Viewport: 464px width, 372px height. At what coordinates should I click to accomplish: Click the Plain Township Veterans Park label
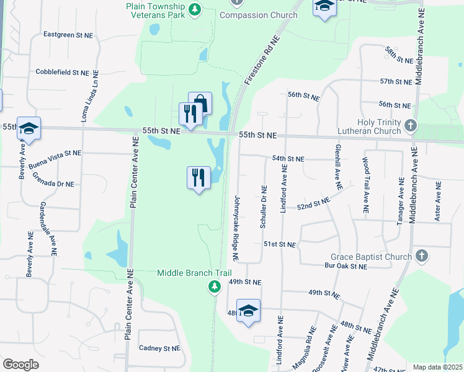156,9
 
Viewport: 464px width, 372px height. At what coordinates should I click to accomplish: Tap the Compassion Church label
258,15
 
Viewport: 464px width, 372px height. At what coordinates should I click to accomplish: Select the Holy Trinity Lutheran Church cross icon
409,126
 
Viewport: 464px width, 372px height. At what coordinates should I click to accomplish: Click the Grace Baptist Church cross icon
421,255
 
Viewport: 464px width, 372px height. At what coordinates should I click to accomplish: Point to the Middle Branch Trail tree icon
214,286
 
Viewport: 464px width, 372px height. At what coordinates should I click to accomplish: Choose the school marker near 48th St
248,311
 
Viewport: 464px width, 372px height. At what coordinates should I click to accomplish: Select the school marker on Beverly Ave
29,128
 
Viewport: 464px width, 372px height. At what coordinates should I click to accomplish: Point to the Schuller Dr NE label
264,206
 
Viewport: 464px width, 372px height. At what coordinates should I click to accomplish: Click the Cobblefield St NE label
63,73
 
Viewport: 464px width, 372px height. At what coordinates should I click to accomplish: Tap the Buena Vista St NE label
55,154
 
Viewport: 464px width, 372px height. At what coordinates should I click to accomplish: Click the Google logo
21,365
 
